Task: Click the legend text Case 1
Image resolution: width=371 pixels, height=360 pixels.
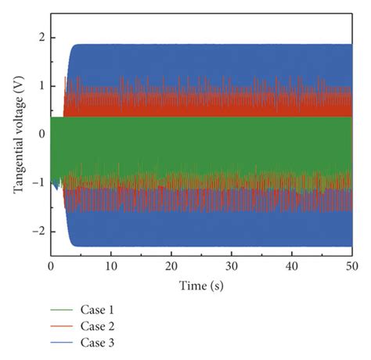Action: point(98,309)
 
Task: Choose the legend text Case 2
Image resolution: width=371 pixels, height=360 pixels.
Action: point(98,326)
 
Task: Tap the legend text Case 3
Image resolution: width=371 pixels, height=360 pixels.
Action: point(98,342)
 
